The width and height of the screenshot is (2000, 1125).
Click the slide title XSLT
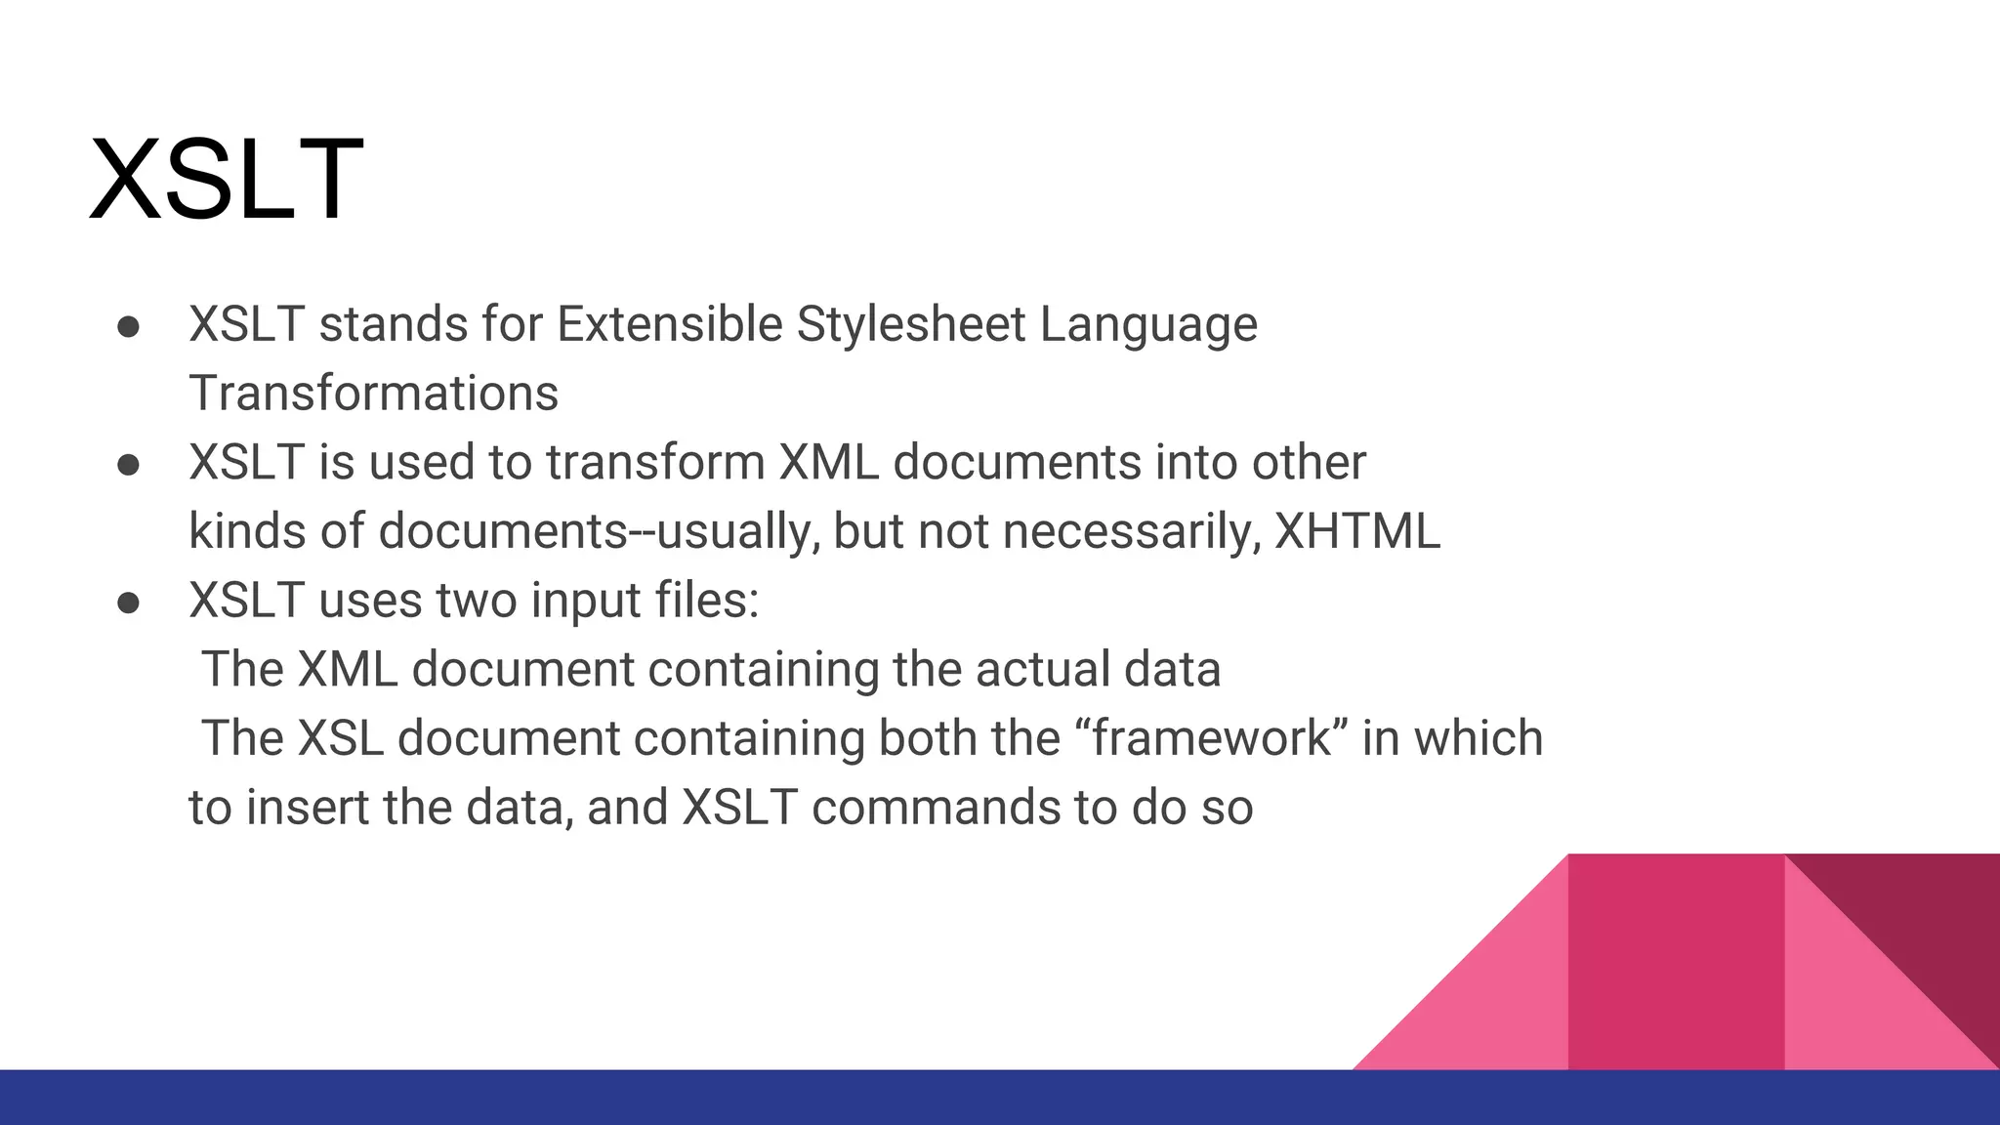[227, 181]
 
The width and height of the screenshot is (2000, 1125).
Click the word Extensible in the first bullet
[669, 324]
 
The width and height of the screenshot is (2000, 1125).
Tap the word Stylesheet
[910, 324]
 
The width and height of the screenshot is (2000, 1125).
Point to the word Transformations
[373, 394]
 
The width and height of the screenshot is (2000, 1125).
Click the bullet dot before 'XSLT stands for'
[128, 327]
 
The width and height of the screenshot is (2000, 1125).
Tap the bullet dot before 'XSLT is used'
[128, 465]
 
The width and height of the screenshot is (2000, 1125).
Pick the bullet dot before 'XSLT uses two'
[128, 603]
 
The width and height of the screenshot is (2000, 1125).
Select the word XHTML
[1357, 532]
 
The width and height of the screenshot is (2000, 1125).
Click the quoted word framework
[1212, 738]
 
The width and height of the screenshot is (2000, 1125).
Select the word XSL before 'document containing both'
[340, 738]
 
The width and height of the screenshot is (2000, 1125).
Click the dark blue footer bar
[684, 1098]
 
